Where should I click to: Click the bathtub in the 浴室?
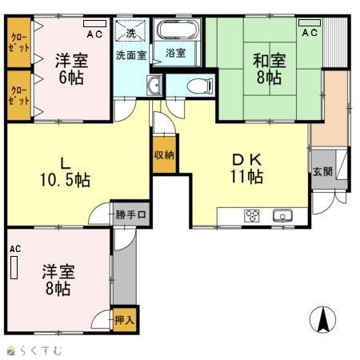(178, 30)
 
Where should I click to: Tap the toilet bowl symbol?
(200, 86)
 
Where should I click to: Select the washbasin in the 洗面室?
(154, 85)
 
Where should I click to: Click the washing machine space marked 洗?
(130, 30)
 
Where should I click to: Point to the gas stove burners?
(252, 215)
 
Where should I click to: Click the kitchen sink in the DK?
(282, 215)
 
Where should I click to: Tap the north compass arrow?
(322, 319)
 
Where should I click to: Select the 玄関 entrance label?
(322, 172)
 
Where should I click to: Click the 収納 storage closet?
(164, 154)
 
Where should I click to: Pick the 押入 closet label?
(124, 320)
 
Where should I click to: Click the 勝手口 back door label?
(130, 214)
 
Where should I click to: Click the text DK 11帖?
(247, 169)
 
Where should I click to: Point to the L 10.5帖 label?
(65, 172)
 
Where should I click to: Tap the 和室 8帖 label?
(270, 69)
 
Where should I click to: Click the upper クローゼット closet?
(19, 42)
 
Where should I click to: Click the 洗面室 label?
(131, 55)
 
